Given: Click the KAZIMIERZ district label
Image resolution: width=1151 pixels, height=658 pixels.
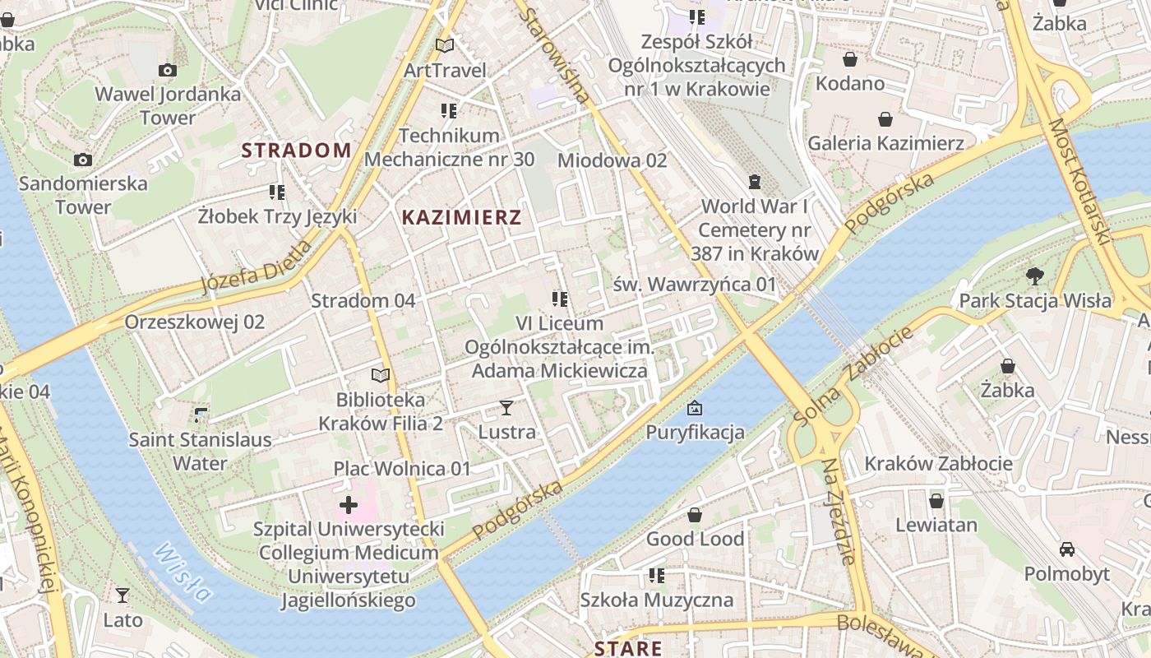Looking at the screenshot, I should coord(461,217).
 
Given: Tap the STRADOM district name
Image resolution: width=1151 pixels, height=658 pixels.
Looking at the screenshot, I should coord(296,151).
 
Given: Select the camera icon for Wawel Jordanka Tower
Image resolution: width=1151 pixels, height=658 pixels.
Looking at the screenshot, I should coord(167,71).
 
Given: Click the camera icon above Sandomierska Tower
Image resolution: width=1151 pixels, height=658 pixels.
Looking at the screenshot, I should coord(82,160).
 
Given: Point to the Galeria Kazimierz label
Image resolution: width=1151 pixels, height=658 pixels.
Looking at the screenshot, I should coord(885,143).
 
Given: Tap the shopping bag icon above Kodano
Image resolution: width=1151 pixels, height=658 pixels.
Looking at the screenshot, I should coord(850,59).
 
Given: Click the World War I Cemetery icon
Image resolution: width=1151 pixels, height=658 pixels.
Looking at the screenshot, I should coord(755,182).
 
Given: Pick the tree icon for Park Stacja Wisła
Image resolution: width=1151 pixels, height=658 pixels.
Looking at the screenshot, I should coord(1034,276).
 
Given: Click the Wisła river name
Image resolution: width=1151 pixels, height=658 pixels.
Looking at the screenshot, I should coord(183,572).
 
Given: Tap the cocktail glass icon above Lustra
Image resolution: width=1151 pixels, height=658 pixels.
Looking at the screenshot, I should coord(506,407).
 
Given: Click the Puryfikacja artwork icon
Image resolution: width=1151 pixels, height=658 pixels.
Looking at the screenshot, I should coord(695,408).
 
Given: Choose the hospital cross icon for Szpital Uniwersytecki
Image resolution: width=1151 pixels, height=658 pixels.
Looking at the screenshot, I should coord(349,504).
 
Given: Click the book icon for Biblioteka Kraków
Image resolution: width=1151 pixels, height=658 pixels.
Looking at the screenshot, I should coord(380,376).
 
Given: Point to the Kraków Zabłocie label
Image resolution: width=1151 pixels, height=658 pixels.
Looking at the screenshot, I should coord(938,463).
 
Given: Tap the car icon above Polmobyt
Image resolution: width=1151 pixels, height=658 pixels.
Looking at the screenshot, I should coord(1066,549).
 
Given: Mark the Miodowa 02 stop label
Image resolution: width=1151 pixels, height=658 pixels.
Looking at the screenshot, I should coord(612,160).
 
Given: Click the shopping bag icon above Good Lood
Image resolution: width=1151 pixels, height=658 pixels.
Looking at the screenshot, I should coord(695,516).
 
